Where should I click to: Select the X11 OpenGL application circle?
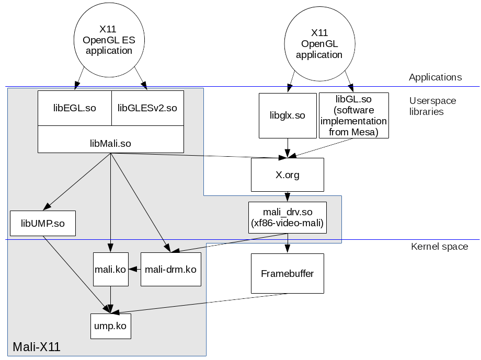click(x=319, y=43)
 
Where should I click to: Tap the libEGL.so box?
click(x=75, y=108)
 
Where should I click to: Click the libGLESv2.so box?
click(x=147, y=108)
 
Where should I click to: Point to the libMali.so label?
click(x=111, y=143)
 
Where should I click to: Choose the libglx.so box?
click(x=288, y=115)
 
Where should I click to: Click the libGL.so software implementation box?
click(x=354, y=115)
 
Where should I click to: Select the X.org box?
click(x=288, y=175)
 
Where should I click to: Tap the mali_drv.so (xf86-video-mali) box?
click(x=288, y=217)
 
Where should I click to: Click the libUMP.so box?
click(x=43, y=223)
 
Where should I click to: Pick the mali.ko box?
click(x=111, y=270)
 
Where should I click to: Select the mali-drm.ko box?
click(x=171, y=270)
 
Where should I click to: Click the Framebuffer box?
click(x=288, y=273)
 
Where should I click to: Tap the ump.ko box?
click(x=110, y=326)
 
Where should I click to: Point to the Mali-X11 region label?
click(x=37, y=347)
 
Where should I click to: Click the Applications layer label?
click(x=435, y=77)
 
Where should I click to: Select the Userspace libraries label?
click(x=432, y=106)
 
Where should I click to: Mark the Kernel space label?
click(x=439, y=246)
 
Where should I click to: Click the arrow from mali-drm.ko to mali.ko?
click(x=135, y=270)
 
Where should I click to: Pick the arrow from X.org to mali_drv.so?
click(x=288, y=196)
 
